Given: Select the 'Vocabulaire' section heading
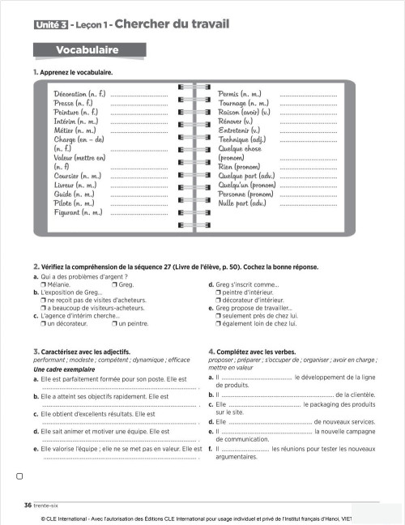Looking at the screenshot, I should pos(87,50).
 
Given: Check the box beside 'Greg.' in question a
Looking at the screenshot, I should pos(115,284).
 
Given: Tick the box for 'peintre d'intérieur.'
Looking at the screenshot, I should pos(218,292).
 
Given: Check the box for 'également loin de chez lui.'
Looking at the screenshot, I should pos(218,323).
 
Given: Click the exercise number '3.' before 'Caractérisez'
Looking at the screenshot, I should pos(36,352).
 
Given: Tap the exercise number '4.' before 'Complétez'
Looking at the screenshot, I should pos(211,352).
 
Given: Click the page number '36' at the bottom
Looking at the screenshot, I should pos(28,505).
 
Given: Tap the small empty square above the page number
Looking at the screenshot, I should pos(19,476).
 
